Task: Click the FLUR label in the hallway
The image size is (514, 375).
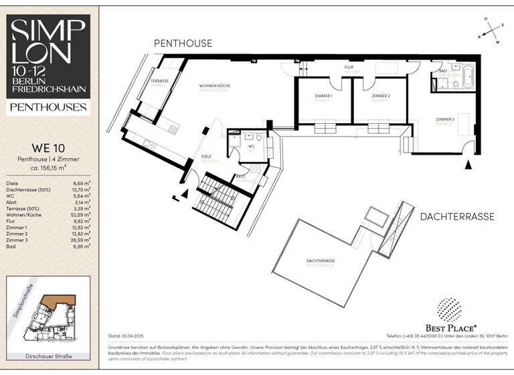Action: tap(349, 68)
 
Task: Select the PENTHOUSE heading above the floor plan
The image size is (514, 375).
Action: tap(183, 44)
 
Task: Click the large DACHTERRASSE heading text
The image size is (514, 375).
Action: tap(457, 216)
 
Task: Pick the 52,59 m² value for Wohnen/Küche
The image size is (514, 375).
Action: tap(80, 214)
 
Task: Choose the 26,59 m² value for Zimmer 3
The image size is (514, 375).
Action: tap(80, 239)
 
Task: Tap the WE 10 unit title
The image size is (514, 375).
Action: tap(48, 147)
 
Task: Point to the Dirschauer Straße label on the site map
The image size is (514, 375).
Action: tap(48, 356)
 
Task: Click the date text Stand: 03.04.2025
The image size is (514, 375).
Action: tap(130, 335)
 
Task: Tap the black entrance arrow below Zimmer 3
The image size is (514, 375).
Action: tap(468, 164)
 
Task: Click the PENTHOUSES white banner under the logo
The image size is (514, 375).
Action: tap(48, 107)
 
